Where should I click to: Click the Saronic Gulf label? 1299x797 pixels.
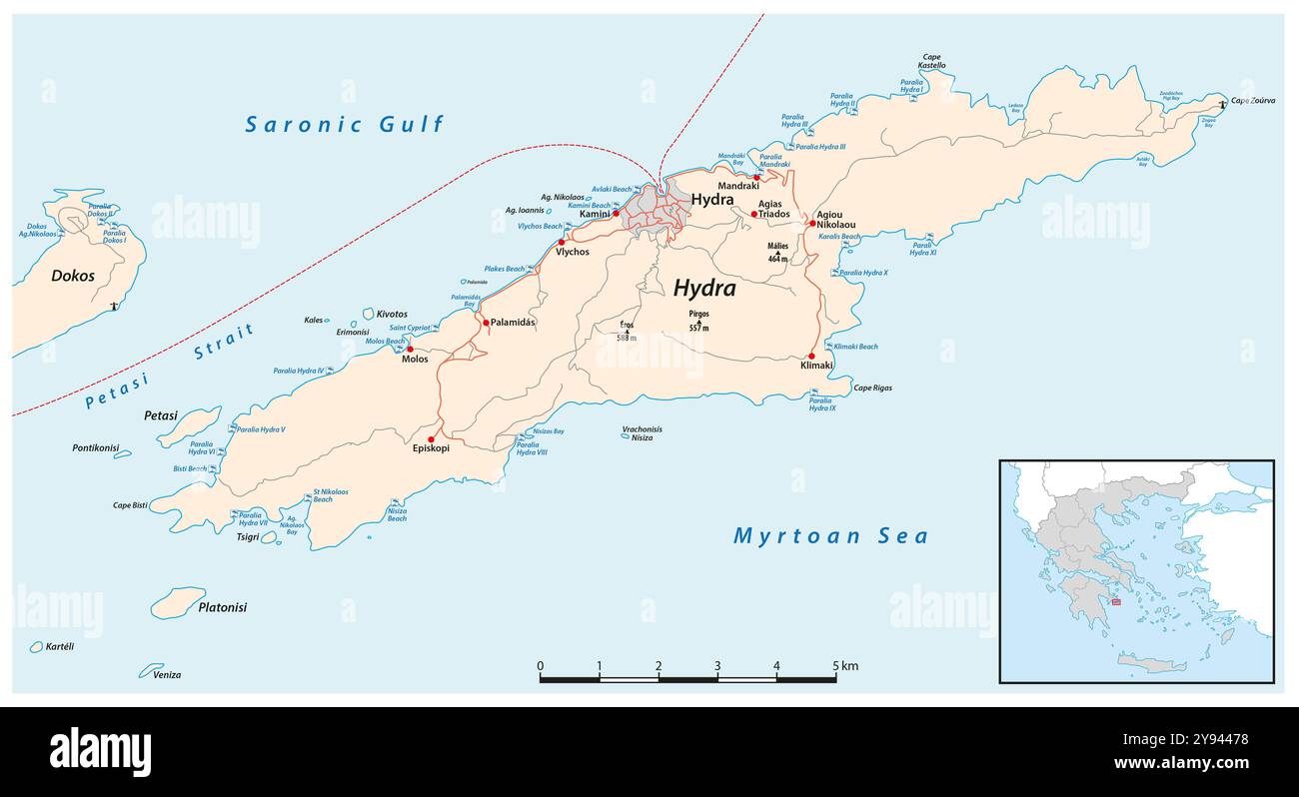coord(345,125)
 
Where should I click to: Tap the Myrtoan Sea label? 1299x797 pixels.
coord(830,536)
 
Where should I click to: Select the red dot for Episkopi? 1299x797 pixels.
coord(432,438)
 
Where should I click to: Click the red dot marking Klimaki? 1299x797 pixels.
coord(811,356)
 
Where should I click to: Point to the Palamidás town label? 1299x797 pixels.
coord(513,323)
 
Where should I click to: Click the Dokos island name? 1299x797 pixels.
coord(73,276)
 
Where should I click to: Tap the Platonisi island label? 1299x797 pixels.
coord(222,607)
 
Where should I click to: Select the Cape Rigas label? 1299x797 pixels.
coord(872,388)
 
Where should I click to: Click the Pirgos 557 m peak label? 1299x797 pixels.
coord(698,321)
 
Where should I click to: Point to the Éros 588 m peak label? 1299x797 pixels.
coord(627,332)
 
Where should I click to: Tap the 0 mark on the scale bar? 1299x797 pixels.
coord(540,666)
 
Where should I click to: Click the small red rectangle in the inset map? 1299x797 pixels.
coord(1116,601)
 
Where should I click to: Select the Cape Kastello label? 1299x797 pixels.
coord(931,62)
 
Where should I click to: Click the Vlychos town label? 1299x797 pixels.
coord(573,252)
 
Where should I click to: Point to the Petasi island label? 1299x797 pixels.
coord(160,415)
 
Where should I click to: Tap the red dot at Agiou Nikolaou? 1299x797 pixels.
coord(812,224)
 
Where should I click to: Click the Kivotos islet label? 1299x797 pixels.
coord(392,315)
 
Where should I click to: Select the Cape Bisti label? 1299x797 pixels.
coord(130,505)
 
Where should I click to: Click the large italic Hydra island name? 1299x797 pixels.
coord(704,289)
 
